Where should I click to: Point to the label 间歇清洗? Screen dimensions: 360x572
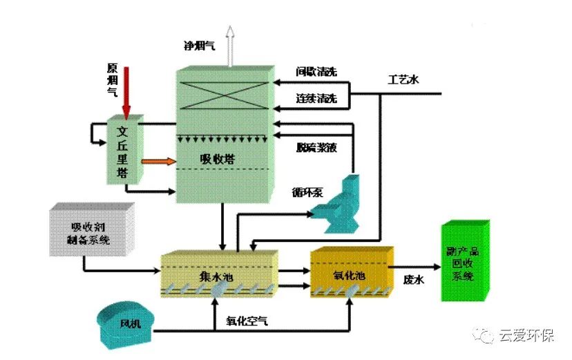(x=316, y=71)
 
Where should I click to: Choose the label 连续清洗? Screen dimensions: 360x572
(x=316, y=100)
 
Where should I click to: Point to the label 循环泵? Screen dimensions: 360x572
(x=309, y=191)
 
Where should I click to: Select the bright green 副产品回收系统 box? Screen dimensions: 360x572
(x=464, y=261)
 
